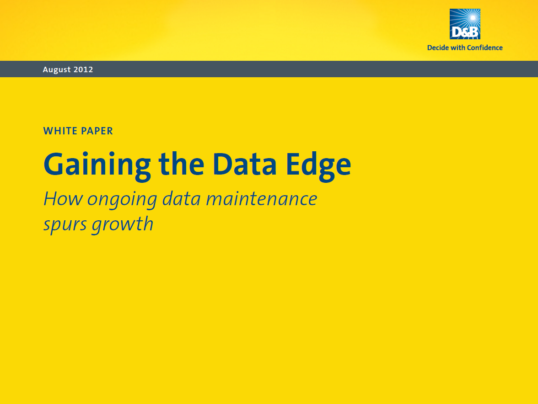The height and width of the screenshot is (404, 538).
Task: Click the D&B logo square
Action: point(465,24)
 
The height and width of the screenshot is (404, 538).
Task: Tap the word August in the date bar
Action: point(57,69)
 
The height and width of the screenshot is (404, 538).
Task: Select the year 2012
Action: point(83,69)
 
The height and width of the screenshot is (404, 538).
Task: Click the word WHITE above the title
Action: point(60,131)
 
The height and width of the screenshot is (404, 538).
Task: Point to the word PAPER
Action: point(97,131)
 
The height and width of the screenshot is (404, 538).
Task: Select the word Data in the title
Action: point(244,164)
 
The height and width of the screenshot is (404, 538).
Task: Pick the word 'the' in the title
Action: point(182,164)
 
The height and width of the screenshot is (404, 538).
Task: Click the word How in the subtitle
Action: point(63,199)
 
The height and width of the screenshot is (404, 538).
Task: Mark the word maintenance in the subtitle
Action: point(262,199)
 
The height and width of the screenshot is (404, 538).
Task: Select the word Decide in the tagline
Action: point(438,48)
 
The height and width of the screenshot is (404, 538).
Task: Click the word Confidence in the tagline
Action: point(484,48)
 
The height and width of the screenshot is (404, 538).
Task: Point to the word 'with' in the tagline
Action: point(457,48)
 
